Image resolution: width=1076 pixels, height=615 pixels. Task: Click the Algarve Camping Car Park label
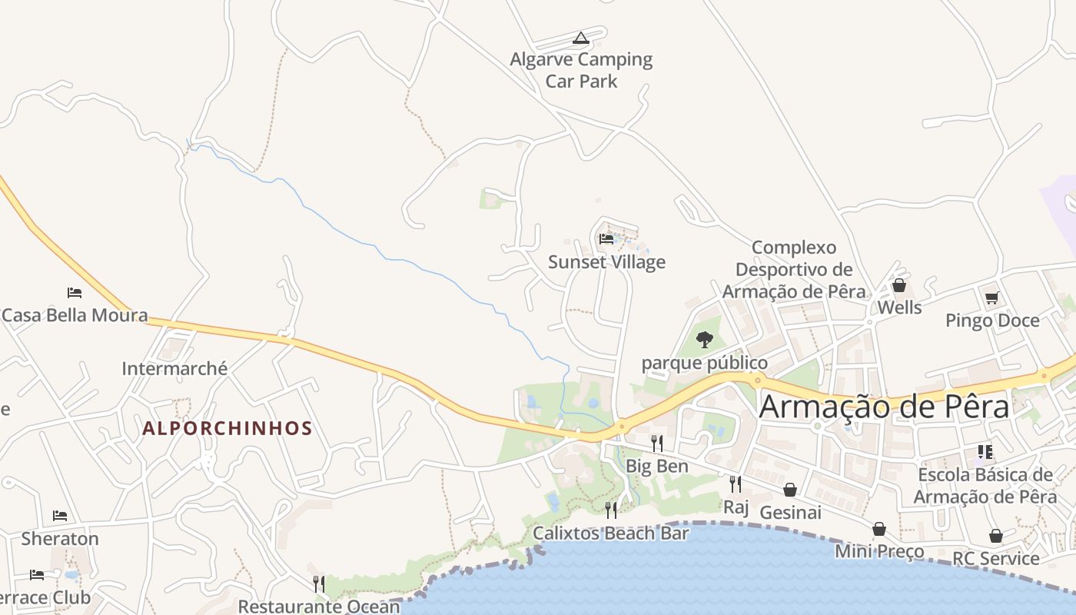(x=581, y=70)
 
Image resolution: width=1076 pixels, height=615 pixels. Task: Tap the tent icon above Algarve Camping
(x=581, y=38)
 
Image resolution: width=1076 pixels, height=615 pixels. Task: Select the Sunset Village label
(x=606, y=262)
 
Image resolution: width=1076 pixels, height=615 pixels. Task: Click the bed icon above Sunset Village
(x=606, y=239)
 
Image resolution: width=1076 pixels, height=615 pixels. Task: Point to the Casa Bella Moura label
(x=75, y=315)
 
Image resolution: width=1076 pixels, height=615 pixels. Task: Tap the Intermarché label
(x=174, y=369)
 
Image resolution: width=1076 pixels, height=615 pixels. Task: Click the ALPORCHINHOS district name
(x=227, y=428)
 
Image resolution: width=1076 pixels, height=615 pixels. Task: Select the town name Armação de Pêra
(x=884, y=407)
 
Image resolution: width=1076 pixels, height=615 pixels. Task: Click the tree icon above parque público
(x=704, y=339)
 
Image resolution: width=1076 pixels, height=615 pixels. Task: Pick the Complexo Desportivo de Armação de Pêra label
(x=794, y=270)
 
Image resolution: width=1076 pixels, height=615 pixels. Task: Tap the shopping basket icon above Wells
(x=899, y=285)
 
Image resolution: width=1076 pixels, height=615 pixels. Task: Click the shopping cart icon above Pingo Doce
(x=991, y=298)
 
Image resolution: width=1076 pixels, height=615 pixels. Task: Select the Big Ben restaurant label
(x=657, y=466)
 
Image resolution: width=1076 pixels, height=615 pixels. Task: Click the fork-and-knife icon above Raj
(x=736, y=484)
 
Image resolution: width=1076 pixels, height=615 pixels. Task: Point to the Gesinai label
(x=790, y=512)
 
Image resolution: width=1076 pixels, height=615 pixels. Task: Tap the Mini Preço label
(x=879, y=551)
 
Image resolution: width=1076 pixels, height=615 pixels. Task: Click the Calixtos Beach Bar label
(x=610, y=533)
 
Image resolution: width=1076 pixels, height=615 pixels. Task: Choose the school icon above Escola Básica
(x=985, y=452)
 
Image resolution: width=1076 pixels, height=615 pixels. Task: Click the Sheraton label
(x=60, y=538)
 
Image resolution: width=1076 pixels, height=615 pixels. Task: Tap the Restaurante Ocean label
(x=319, y=606)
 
